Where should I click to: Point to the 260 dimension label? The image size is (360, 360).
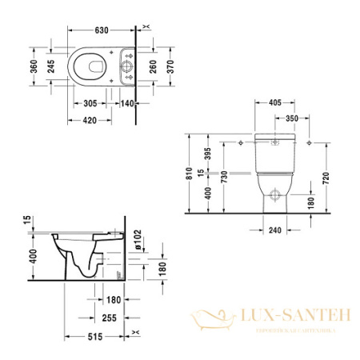pos(154,68)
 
